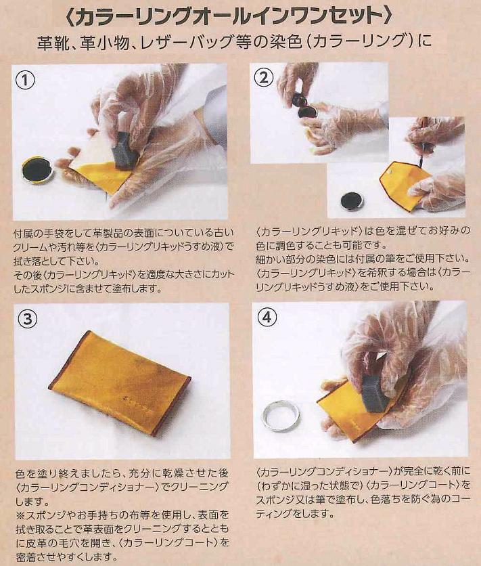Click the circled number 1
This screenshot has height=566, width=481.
click(25, 80)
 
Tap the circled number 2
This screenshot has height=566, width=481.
click(265, 77)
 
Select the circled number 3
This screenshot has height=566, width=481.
click(28, 319)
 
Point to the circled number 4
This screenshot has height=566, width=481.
click(267, 317)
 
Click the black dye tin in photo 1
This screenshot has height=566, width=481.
click(37, 170)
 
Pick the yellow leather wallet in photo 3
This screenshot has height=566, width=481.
click(119, 382)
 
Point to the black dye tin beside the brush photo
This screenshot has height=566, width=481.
click(352, 200)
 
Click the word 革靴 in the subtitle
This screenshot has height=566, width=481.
click(51, 42)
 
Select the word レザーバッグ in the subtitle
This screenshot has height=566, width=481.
click(181, 42)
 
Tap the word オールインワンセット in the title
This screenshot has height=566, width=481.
click(291, 16)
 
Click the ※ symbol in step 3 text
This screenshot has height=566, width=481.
click(20, 515)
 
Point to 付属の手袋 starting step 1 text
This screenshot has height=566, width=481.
click(38, 234)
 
